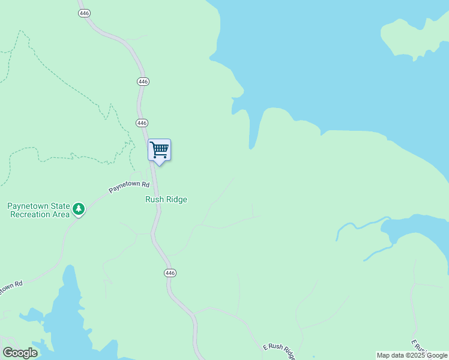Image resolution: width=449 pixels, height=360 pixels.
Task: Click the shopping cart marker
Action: pyautogui.click(x=160, y=150)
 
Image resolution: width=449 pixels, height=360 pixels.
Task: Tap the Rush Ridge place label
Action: pyautogui.click(x=166, y=199)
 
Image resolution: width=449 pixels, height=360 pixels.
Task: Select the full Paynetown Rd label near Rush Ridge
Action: pyautogui.click(x=128, y=187)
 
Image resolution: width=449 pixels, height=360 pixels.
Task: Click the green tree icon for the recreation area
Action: pyautogui.click(x=79, y=209)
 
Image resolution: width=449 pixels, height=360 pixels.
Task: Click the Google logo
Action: pyautogui.click(x=20, y=353)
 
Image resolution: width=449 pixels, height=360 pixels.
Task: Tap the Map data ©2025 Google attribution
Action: pyautogui.click(x=412, y=356)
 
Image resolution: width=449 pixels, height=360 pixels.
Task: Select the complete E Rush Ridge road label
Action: pyautogui.click(x=280, y=350)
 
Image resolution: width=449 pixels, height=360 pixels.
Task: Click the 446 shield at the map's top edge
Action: pyautogui.click(x=84, y=12)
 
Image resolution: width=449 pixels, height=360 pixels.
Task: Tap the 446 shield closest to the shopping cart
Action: pyautogui.click(x=142, y=122)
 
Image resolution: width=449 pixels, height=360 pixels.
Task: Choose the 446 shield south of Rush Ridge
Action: pyautogui.click(x=170, y=273)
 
